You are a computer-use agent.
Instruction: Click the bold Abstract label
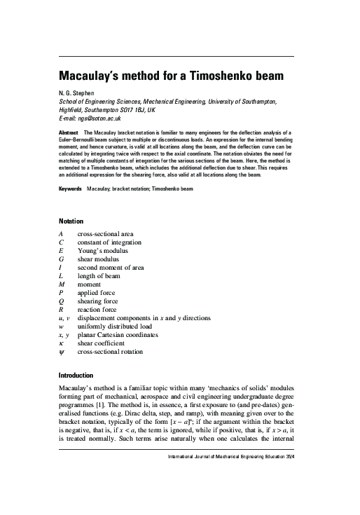click(x=69, y=132)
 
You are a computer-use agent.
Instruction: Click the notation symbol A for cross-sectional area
click(x=62, y=233)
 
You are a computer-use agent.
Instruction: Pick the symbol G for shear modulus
click(x=62, y=259)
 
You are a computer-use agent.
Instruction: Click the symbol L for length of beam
click(x=62, y=275)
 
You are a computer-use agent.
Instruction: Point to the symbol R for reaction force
click(x=62, y=309)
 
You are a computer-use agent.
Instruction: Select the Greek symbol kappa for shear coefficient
click(x=62, y=343)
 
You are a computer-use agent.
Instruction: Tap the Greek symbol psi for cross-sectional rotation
click(x=62, y=352)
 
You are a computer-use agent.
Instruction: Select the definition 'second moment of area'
click(x=112, y=267)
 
